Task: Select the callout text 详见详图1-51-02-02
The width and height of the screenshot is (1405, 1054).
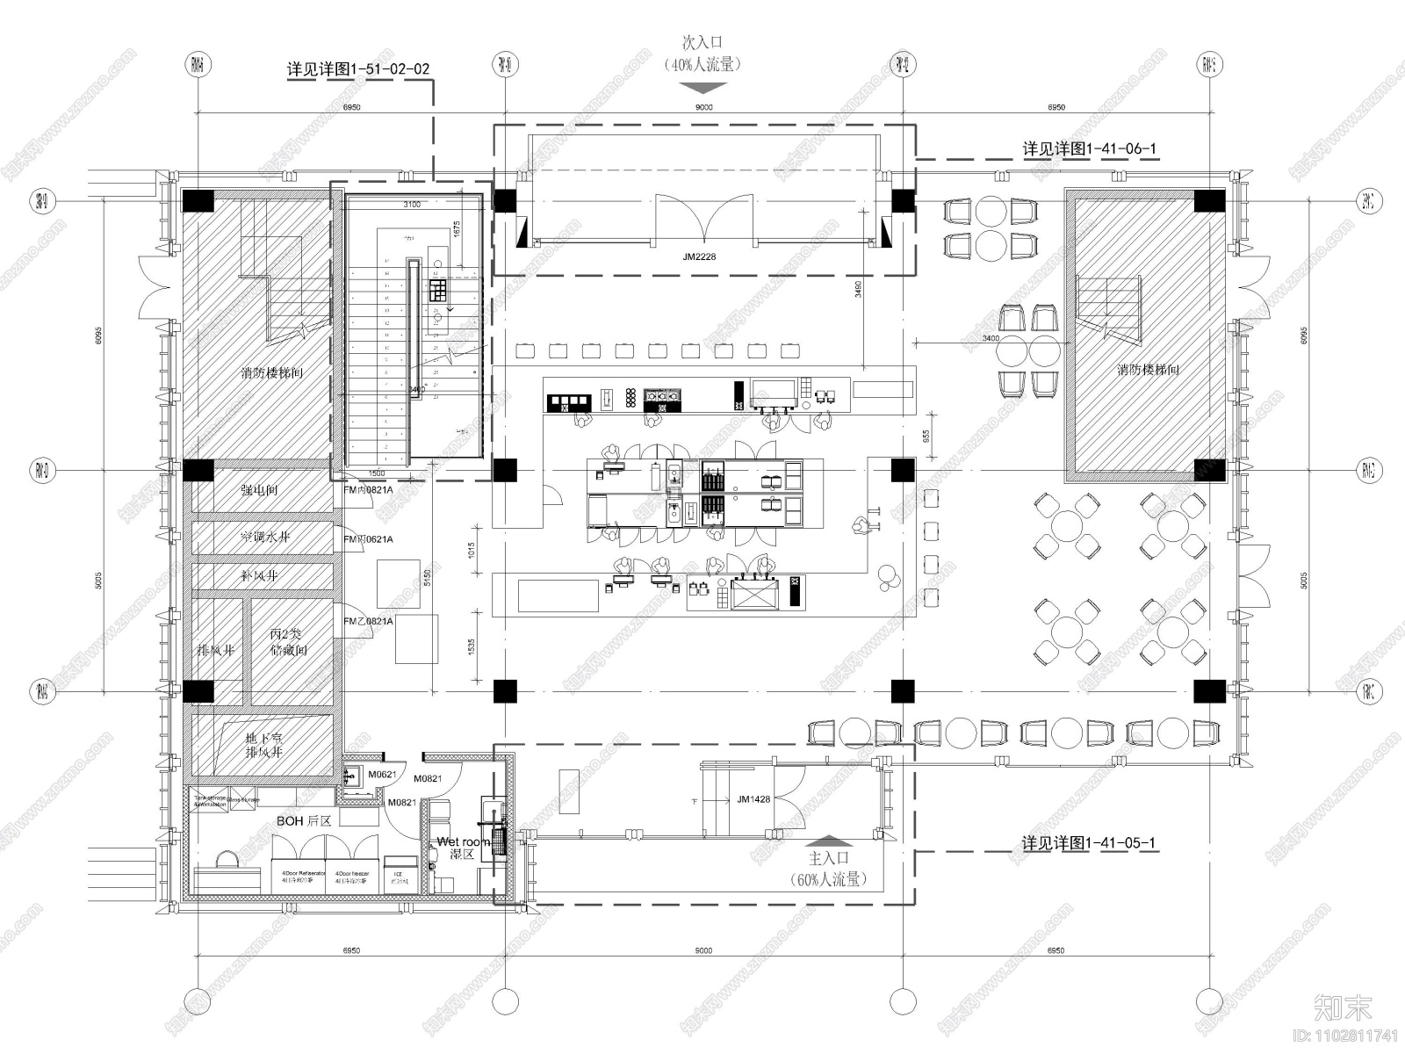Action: [358, 69]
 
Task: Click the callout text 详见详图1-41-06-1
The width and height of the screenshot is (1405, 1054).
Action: [1090, 148]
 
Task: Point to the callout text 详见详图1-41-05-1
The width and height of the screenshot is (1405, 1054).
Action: [1088, 843]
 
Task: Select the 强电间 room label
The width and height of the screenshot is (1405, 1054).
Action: [259, 490]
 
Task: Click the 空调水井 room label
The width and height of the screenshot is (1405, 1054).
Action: [264, 537]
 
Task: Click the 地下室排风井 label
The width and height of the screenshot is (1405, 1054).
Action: [263, 746]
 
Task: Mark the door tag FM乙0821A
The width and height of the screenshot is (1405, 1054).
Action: [368, 621]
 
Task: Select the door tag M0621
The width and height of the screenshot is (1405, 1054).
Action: [383, 775]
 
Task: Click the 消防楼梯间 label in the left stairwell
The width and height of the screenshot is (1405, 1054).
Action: [271, 373]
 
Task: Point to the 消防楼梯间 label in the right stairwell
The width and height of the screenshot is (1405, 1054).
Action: [1148, 370]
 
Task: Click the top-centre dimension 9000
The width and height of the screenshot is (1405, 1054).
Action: [703, 107]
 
